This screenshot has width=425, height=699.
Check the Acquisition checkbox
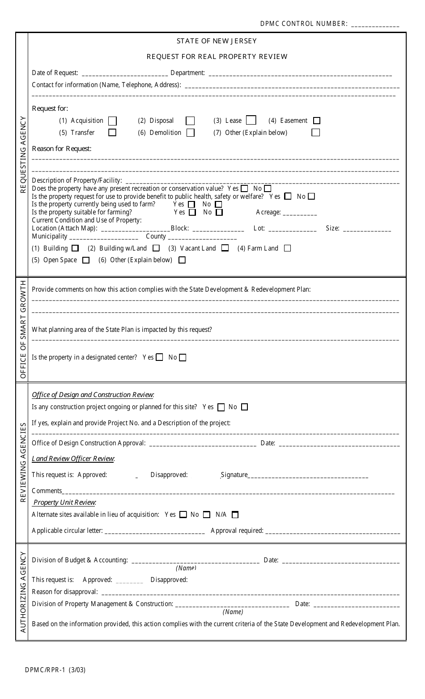[113, 121]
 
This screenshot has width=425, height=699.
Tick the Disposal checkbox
[190, 121]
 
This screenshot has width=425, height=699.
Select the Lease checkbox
[251, 120]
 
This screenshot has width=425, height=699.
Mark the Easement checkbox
[317, 121]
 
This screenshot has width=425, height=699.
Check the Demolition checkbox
[191, 133]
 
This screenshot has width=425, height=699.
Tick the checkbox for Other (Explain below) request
[316, 133]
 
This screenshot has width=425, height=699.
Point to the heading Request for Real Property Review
[217, 57]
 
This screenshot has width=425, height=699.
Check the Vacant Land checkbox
[225, 248]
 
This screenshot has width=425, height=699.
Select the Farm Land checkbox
[288, 248]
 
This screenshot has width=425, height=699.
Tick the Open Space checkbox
[86, 260]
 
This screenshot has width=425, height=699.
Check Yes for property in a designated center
[159, 357]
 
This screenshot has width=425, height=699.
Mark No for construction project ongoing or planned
[244, 407]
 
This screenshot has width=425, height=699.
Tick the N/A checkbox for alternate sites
[235, 515]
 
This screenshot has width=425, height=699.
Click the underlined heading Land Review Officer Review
[73, 459]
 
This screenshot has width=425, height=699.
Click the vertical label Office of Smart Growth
[22, 330]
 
